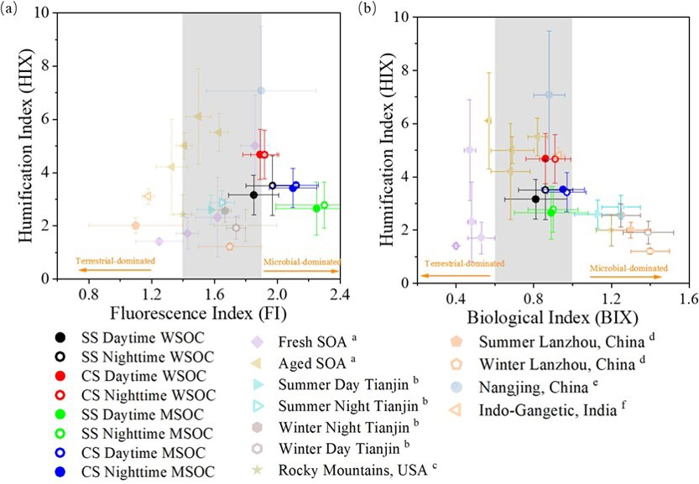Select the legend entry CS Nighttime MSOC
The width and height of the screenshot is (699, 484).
(122, 471)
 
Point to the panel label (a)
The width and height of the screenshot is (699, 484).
(12, 11)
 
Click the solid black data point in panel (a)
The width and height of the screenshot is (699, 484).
(253, 195)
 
